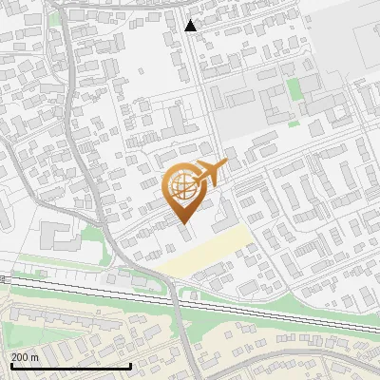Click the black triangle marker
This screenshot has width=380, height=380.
(x=191, y=26)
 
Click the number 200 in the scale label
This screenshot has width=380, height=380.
(x=21, y=356)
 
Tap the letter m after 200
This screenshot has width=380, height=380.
(x=35, y=356)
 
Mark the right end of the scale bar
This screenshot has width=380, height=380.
(x=130, y=366)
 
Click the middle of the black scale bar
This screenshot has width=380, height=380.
(x=70, y=366)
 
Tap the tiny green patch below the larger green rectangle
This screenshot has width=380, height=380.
(x=294, y=122)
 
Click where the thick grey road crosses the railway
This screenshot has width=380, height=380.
(x=174, y=295)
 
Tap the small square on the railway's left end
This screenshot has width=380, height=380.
(x=4, y=278)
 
